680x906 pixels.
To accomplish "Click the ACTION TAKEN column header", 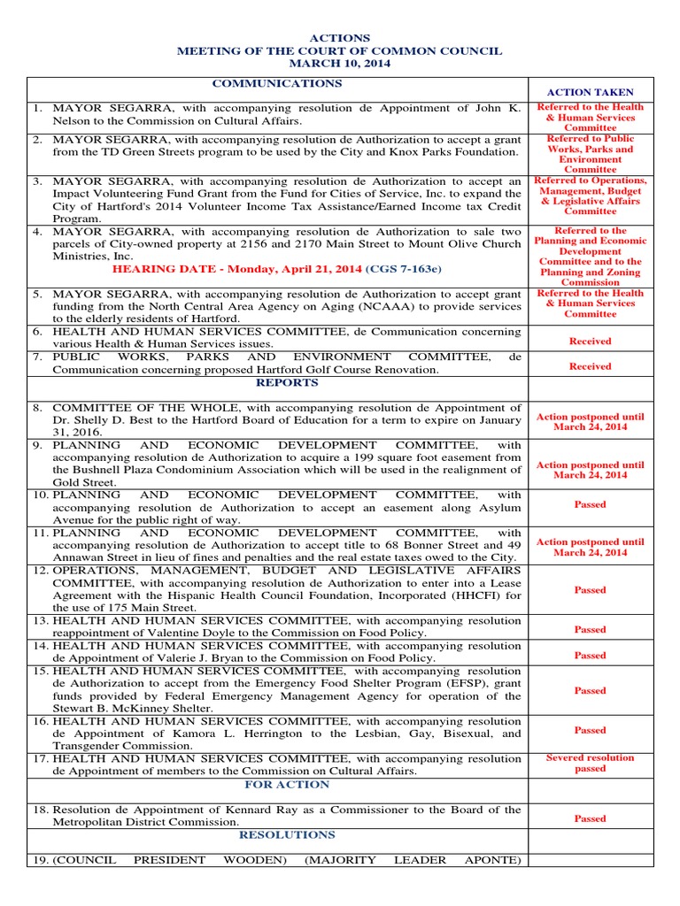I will point(590,92).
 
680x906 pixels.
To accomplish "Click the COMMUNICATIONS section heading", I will point(276,83).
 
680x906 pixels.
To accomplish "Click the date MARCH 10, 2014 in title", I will point(339,64).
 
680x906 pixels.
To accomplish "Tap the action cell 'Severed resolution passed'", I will point(590,764).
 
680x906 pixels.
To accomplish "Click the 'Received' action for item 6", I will point(590,341).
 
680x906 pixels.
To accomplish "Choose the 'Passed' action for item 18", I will point(590,818).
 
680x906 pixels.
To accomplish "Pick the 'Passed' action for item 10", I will point(590,504).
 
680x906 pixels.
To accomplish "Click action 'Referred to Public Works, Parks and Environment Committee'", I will point(590,154).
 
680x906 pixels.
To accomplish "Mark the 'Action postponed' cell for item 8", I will point(590,422).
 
